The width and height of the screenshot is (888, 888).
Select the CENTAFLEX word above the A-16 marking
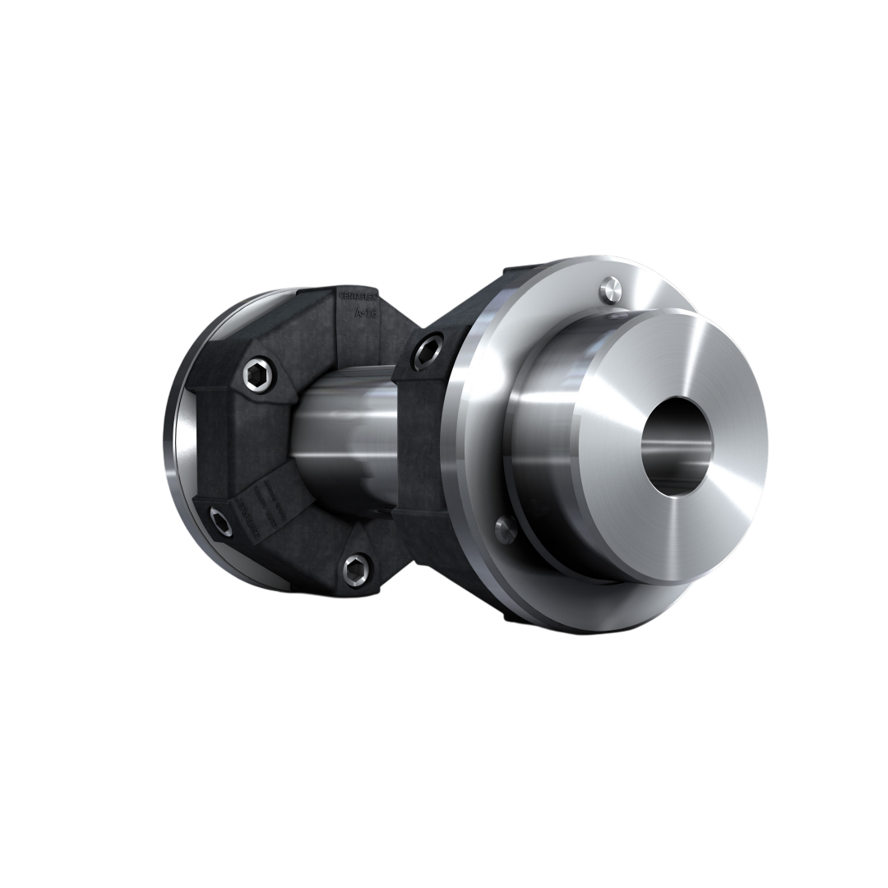pyautogui.click(x=358, y=294)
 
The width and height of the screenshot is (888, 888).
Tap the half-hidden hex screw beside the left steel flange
pyautogui.click(x=221, y=520)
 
